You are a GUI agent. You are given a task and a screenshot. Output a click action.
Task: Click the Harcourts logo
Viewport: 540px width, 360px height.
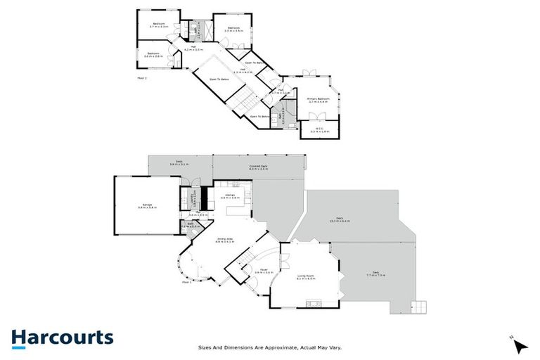point(62,337)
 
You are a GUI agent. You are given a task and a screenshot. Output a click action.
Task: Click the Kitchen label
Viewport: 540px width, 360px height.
point(230,197)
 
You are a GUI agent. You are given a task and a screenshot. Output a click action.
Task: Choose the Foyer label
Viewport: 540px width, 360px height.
point(264,271)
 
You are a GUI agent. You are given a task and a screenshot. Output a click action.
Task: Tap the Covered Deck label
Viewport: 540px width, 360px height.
point(258,167)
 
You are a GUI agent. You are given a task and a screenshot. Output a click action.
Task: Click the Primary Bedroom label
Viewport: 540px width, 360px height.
point(318,101)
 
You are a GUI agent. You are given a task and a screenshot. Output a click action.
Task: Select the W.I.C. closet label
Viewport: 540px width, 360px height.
point(319,130)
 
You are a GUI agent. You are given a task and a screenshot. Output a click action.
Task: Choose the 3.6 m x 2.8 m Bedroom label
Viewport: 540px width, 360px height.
point(153,54)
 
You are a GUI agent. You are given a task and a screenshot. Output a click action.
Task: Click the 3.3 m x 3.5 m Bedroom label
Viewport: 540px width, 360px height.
point(233,30)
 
